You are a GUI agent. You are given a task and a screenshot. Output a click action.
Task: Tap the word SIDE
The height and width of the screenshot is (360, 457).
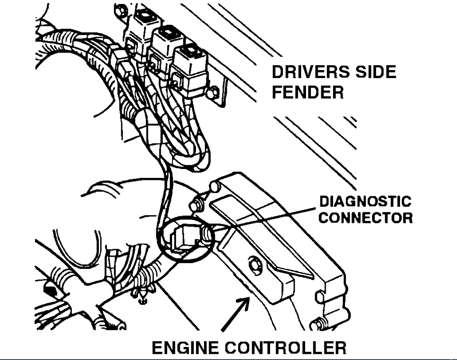click(375, 72)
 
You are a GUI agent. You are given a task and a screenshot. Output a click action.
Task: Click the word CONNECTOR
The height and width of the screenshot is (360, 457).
click(365, 217)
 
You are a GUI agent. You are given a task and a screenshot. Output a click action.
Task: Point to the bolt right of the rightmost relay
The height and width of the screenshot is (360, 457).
click(213, 93)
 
